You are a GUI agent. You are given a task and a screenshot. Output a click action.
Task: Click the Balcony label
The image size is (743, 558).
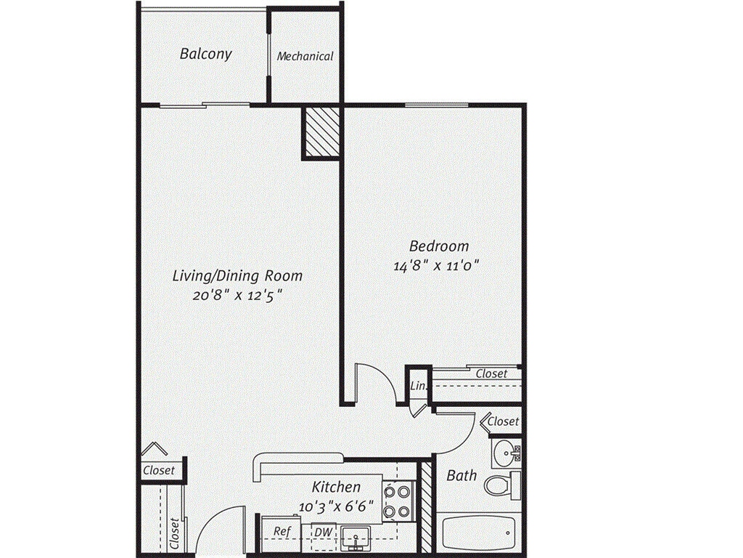[205, 54]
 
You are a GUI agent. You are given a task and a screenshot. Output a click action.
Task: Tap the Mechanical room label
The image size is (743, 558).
[305, 56]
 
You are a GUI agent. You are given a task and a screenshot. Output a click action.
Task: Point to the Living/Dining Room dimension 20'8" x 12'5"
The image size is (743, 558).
[237, 295]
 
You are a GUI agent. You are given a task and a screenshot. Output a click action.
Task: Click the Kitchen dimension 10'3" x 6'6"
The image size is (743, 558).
[336, 504]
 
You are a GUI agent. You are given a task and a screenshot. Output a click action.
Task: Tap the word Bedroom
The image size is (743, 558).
[438, 246]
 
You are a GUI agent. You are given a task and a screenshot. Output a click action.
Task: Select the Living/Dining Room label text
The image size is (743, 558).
[237, 275]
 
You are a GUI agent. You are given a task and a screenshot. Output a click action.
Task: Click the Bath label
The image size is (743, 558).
[461, 475]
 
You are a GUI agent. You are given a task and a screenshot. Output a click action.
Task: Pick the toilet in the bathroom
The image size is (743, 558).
[501, 484]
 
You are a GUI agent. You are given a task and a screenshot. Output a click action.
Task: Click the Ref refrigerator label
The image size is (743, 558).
[282, 531]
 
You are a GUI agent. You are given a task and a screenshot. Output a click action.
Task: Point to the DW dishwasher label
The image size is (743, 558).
[323, 532]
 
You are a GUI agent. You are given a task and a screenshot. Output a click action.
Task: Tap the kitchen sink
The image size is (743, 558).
[355, 537]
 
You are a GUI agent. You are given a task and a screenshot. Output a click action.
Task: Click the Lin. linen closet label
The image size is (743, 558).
[417, 386]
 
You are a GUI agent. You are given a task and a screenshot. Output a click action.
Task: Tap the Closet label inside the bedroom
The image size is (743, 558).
[491, 373]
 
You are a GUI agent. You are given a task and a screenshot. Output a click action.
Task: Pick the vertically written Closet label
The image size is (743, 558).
[174, 533]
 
